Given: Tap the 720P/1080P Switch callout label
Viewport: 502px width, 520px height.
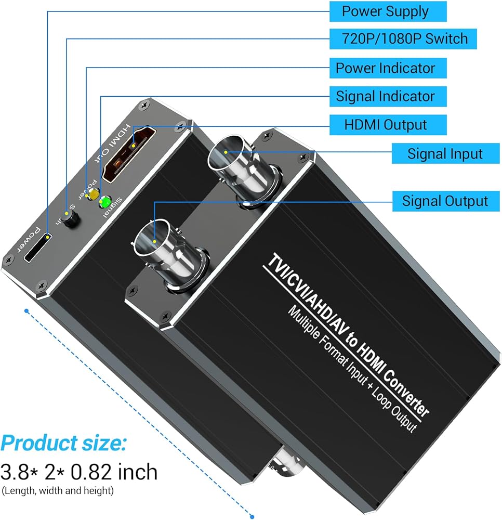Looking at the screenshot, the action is pos(403,38).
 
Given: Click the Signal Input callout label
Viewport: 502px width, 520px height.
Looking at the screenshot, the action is pos(444,153).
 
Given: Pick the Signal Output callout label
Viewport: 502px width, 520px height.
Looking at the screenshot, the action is pos(444,201).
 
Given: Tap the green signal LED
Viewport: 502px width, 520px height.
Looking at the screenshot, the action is pos(105,202).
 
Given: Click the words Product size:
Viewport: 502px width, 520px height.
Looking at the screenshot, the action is pos(63,444).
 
